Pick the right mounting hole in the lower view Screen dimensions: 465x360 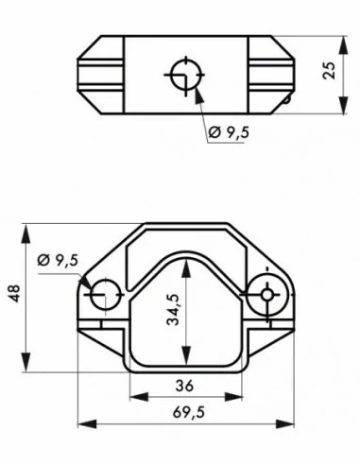tap(267, 295)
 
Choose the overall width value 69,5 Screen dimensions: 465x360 tap(185, 413)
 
